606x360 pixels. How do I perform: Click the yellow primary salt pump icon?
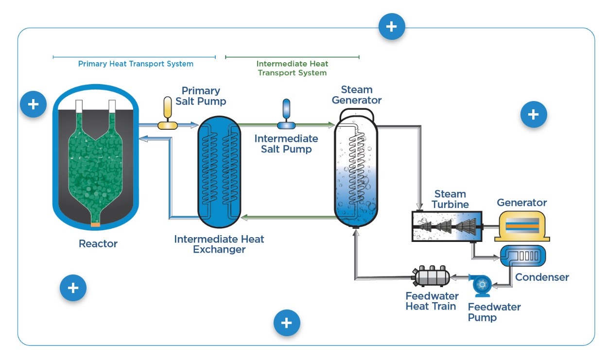coord(168,113)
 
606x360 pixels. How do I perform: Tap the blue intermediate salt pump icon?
coord(286,114)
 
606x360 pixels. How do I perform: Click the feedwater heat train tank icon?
coord(431,276)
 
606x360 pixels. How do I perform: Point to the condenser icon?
coord(523,256)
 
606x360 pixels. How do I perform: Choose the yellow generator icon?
coord(522,226)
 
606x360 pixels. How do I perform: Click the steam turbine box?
coord(447,226)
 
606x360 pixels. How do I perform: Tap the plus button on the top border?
coord(392,27)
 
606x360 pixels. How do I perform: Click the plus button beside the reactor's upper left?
coord(33,104)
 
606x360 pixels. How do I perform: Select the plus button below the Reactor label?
coord(73,288)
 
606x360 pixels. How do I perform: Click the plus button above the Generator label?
coord(534,114)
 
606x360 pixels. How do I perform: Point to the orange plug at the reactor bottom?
coord(95,224)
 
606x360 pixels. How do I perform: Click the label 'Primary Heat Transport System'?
coord(136,64)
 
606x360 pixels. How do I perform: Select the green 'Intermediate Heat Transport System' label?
coord(292,68)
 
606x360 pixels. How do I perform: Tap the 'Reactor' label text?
coord(98,244)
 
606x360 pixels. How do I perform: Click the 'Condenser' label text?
coord(542,277)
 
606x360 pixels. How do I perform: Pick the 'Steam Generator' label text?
coord(357,95)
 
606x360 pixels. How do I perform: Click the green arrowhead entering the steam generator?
coord(332,125)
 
